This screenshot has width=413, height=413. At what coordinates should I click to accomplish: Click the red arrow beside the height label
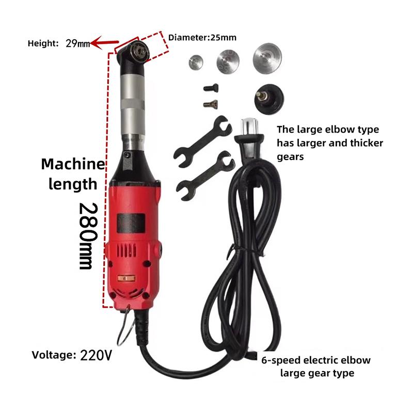pos(103,44)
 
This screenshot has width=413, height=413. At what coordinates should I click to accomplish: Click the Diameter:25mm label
pos(202,37)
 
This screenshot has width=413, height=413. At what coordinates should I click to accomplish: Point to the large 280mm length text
pos(86,235)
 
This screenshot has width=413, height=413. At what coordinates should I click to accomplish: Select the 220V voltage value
pos(96,355)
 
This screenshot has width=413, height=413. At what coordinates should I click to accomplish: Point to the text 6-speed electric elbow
pos(316,360)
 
